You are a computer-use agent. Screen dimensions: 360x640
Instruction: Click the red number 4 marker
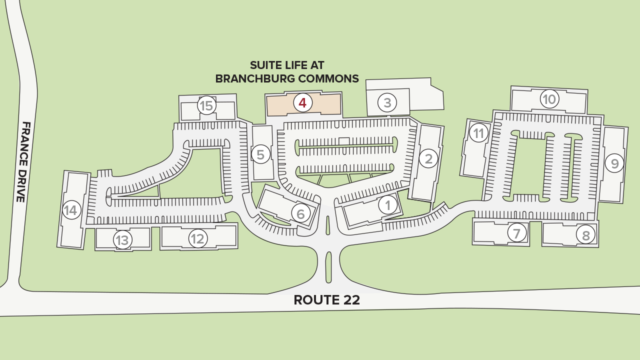click(302, 103)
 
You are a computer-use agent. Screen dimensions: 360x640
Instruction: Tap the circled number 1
click(387, 204)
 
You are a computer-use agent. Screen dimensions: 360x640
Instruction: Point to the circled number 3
click(387, 103)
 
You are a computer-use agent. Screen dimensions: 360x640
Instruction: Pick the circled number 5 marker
click(260, 154)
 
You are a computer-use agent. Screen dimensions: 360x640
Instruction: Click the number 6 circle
click(300, 214)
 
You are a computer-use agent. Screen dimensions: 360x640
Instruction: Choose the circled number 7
click(517, 232)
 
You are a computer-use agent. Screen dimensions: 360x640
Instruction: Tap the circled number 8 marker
click(585, 234)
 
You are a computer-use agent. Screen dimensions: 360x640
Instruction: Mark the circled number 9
click(614, 163)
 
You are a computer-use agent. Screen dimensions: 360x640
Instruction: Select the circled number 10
click(549, 99)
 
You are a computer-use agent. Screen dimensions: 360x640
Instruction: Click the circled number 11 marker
click(479, 133)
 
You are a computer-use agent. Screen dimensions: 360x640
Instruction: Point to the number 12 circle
click(198, 239)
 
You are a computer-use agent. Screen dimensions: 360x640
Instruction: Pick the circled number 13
click(122, 240)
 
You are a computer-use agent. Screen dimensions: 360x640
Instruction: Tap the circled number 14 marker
click(71, 210)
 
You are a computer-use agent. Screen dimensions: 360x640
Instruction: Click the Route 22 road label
click(326, 300)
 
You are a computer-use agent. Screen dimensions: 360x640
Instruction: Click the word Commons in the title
click(328, 78)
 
